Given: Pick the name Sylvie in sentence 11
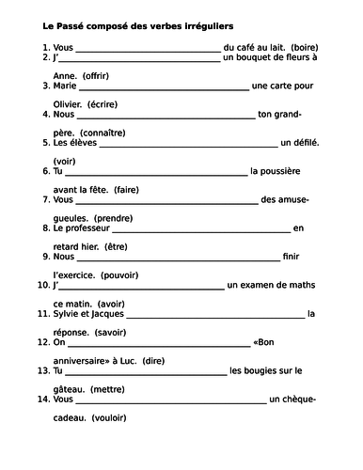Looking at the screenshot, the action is (60, 315).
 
